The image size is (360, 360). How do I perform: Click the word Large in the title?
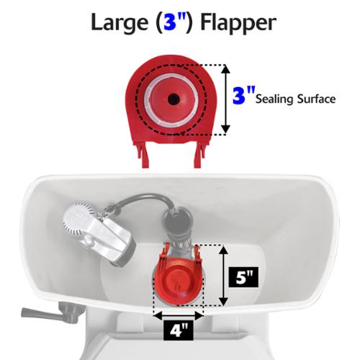[120, 22]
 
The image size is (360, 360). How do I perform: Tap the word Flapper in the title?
[238, 23]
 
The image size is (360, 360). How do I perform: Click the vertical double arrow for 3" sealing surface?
[225, 99]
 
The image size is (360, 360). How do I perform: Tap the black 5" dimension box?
[243, 277]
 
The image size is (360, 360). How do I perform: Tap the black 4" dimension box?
[179, 330]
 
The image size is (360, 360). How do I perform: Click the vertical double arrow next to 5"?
[224, 276]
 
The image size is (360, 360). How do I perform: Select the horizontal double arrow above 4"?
[178, 315]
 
